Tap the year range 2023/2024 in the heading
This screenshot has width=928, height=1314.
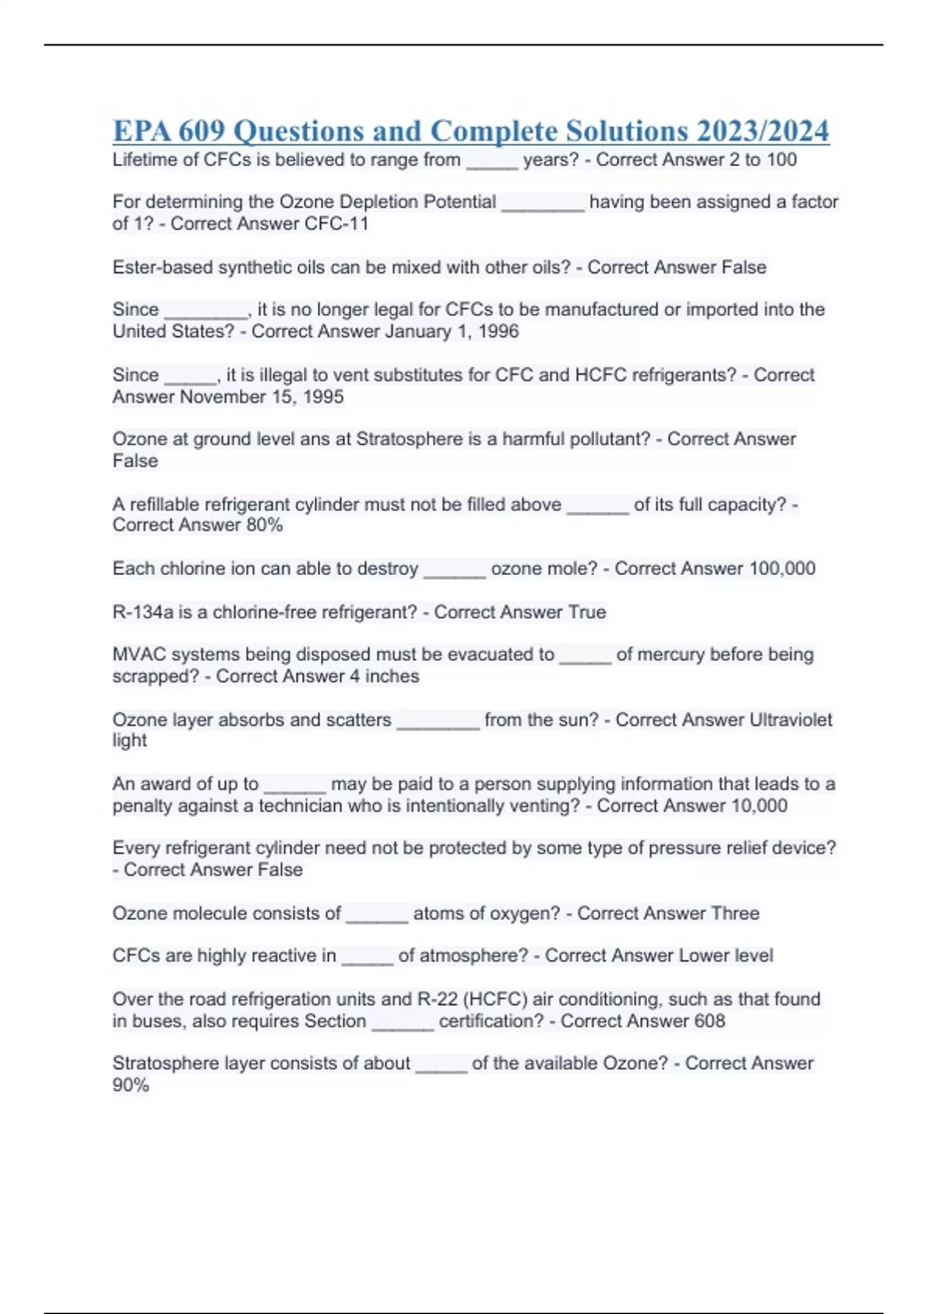pyautogui.click(x=763, y=131)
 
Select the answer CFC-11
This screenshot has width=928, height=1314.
pyautogui.click(x=337, y=224)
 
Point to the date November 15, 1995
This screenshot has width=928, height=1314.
pyautogui.click(x=262, y=397)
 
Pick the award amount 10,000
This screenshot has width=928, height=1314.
pyautogui.click(x=759, y=806)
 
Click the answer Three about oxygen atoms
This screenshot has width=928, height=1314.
pyautogui.click(x=735, y=914)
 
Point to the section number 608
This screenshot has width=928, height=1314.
pyautogui.click(x=709, y=1021)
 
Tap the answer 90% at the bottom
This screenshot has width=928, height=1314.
pyautogui.click(x=131, y=1085)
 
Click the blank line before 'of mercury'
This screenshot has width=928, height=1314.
pyautogui.click(x=585, y=661)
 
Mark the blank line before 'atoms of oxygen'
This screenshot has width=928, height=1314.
pyautogui.click(x=377, y=920)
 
